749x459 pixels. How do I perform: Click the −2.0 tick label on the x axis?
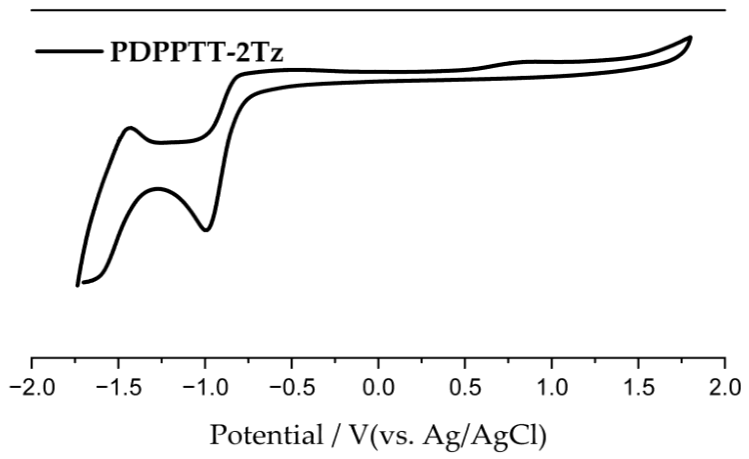(32, 388)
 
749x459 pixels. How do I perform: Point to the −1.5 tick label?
(118, 388)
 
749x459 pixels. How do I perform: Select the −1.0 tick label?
(205, 388)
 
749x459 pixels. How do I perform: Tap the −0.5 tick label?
(292, 388)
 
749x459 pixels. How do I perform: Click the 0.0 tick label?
(378, 388)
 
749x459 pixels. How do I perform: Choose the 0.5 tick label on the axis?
(465, 388)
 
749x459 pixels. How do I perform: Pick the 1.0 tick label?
(552, 388)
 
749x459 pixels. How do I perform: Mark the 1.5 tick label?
(639, 388)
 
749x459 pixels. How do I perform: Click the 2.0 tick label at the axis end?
(725, 388)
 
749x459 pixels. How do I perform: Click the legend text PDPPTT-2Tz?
(197, 52)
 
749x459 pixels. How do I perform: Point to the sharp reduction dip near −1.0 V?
(206, 230)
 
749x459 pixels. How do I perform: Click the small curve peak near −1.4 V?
(130, 128)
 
